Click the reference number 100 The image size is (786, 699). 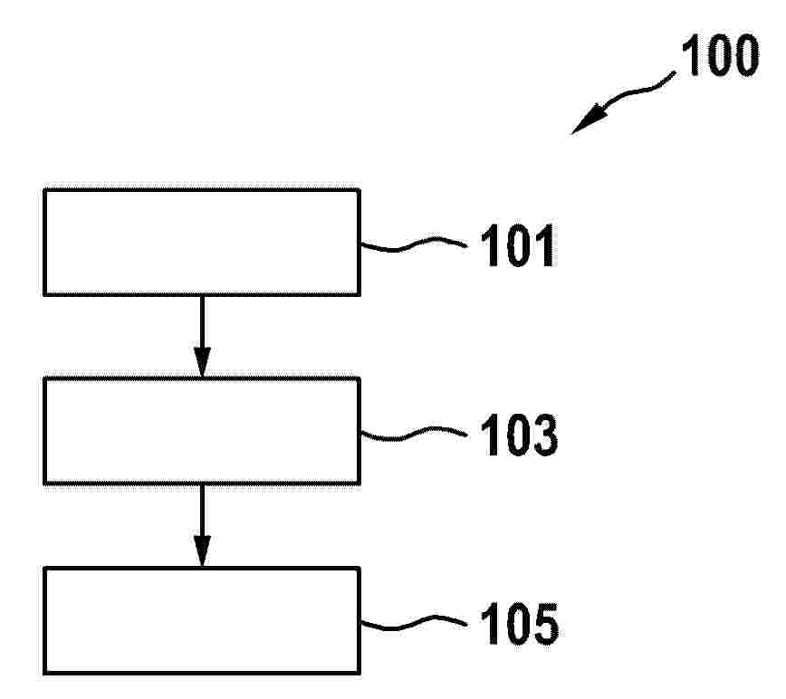tap(720, 55)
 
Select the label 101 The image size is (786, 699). tap(518, 245)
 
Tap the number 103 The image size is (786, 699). tap(519, 435)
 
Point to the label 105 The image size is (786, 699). tap(519, 623)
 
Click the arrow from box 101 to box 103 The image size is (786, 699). tap(202, 336)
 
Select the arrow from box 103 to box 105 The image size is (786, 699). tap(202, 526)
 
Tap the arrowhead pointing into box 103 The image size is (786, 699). tap(202, 362)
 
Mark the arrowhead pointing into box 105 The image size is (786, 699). tap(202, 551)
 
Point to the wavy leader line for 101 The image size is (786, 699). tap(414, 244)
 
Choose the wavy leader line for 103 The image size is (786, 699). tap(414, 434)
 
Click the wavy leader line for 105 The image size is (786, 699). tap(414, 623)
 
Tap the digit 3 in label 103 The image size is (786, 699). tap(544, 435)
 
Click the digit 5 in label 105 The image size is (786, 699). tap(544, 623)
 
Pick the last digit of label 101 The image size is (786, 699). tap(545, 245)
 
